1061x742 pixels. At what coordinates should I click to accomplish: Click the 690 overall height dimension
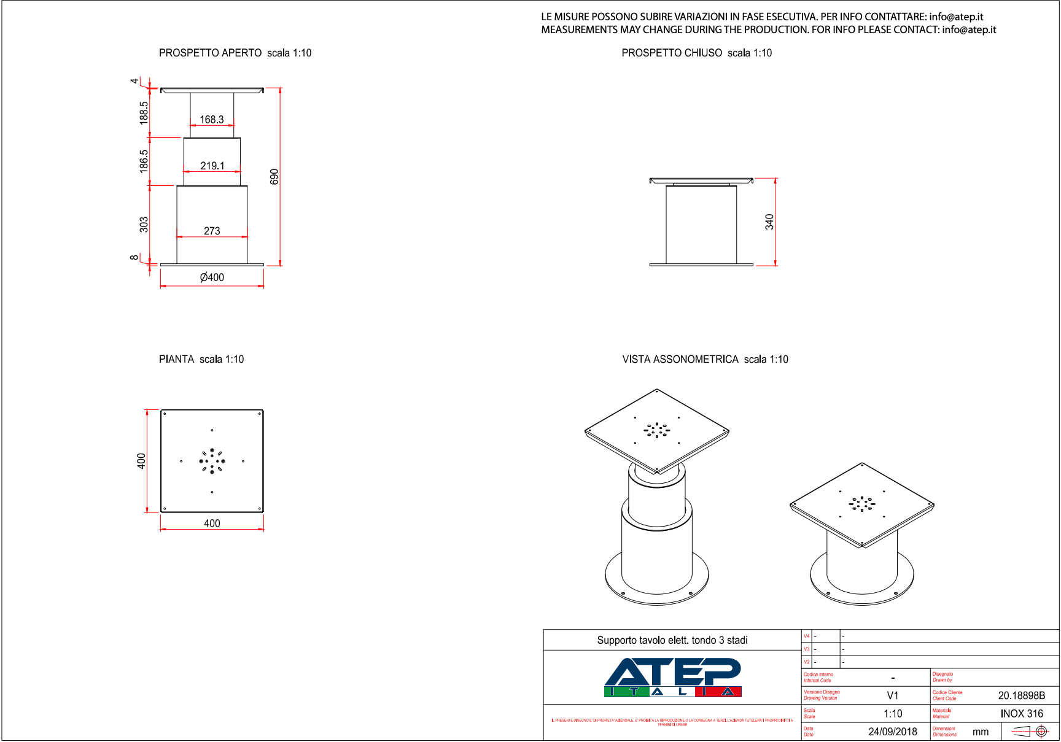tap(274, 177)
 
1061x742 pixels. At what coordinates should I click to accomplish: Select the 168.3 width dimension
tap(212, 120)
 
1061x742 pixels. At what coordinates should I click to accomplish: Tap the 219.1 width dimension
tap(212, 166)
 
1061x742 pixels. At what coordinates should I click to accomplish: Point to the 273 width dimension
tap(212, 231)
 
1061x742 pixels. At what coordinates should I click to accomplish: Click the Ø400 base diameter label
tap(212, 277)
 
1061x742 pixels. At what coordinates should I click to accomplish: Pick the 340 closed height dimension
tap(769, 222)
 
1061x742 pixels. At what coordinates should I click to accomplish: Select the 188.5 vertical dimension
tap(144, 113)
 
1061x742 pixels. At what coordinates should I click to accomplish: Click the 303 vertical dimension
tap(144, 225)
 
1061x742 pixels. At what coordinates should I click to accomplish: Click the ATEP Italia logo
tap(673, 677)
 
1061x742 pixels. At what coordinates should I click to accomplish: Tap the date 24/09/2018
tap(893, 732)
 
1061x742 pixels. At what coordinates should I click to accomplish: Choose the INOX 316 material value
tap(1022, 714)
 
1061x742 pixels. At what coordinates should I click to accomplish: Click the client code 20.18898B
tap(1022, 695)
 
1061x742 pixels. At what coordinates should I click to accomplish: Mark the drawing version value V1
tap(893, 695)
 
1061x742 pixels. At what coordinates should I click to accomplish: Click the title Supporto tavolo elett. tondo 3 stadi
tap(672, 640)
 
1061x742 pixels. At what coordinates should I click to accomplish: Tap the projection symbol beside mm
tap(1030, 731)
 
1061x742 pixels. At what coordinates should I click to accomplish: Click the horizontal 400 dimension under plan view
tap(212, 524)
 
